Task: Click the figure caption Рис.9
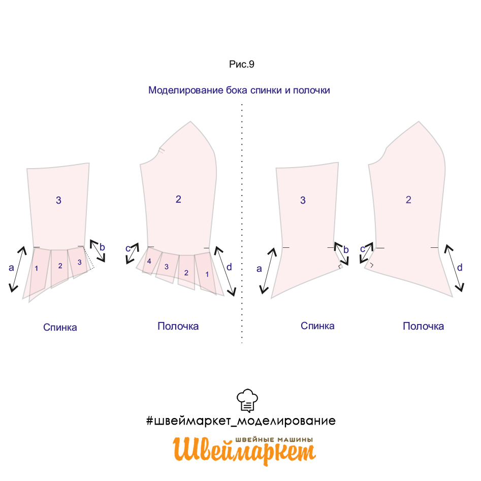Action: (242, 64)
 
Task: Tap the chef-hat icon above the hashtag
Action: (247, 401)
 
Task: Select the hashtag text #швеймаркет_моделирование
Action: (241, 421)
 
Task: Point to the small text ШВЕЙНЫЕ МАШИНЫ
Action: (274, 439)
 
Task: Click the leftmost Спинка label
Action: (60, 327)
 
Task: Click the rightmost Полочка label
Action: (423, 326)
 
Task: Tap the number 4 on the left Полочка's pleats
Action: (149, 262)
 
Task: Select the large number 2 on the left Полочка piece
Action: (178, 200)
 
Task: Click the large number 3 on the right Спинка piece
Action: (303, 200)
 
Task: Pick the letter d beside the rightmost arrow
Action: (460, 268)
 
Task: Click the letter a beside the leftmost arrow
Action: (11, 268)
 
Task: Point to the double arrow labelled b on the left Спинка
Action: (98, 251)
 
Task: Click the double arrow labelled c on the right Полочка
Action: (367, 253)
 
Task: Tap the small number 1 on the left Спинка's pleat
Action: (36, 268)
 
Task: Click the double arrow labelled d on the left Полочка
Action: (225, 271)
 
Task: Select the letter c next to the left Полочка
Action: (128, 248)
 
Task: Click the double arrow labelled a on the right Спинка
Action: (268, 271)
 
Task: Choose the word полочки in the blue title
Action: (311, 90)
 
